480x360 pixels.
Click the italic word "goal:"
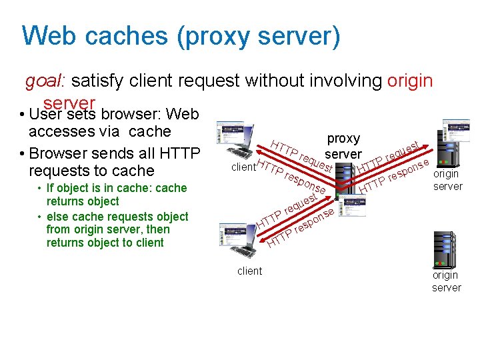click(x=45, y=81)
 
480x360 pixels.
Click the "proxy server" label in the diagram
click(x=343, y=146)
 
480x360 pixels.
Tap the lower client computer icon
click(x=239, y=236)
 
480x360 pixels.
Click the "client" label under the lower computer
click(x=250, y=271)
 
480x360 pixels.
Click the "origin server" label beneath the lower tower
click(x=445, y=281)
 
